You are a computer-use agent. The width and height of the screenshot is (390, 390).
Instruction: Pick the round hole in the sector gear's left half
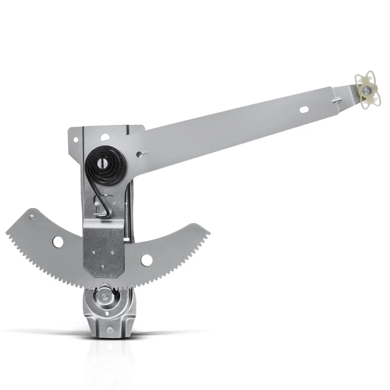(58, 242)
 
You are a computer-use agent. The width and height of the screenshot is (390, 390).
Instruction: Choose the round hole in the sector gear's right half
(147, 260)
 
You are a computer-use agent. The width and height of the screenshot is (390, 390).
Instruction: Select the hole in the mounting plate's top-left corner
(77, 138)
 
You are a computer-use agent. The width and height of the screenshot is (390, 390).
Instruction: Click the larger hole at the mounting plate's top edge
(104, 137)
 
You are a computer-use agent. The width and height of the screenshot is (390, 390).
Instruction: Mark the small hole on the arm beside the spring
(139, 154)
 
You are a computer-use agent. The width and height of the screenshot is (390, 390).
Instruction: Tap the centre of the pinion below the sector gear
(104, 298)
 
